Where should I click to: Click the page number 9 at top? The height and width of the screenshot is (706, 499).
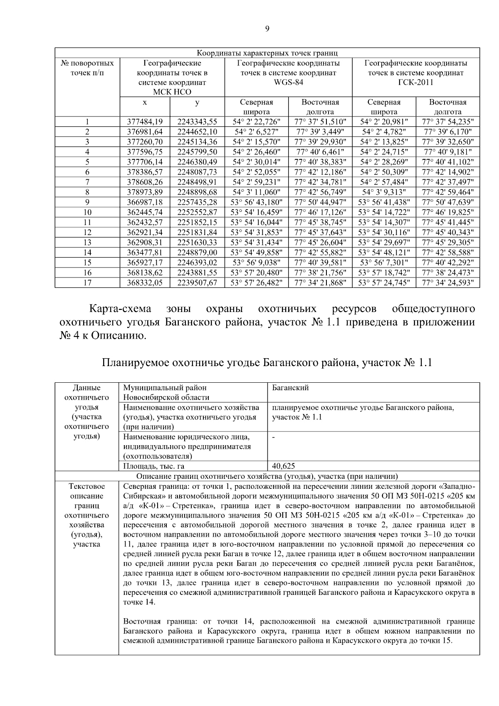(267, 29)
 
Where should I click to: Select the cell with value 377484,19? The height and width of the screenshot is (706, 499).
(145, 122)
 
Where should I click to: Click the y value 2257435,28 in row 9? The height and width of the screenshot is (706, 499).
(197, 202)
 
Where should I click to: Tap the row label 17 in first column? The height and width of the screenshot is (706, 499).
(87, 282)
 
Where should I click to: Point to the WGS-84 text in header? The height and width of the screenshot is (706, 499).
(288, 82)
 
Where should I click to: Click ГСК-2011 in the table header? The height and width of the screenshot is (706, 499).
(415, 82)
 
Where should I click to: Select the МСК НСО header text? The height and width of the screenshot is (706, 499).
(172, 92)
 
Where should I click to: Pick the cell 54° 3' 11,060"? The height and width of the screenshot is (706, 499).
(257, 192)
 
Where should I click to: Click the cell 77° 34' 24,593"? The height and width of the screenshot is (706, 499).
(448, 282)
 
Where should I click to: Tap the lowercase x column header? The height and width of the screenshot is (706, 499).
(144, 102)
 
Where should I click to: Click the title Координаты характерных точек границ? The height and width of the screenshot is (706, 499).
(267, 53)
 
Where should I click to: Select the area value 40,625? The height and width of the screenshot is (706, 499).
(284, 466)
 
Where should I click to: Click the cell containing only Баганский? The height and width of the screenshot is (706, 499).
(290, 388)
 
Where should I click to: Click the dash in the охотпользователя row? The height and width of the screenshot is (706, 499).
(274, 437)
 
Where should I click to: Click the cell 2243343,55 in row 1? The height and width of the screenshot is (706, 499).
(197, 122)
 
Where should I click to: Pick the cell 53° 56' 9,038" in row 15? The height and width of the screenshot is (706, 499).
(257, 263)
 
